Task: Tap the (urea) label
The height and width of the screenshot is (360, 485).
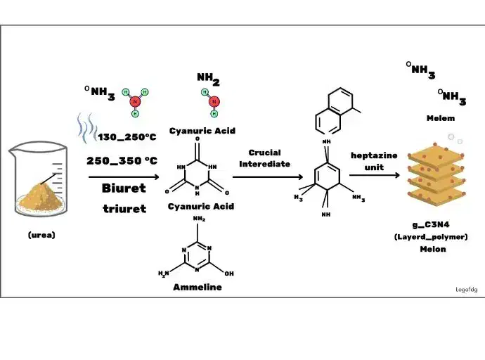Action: [x=41, y=236]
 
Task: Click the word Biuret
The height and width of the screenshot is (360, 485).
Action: [x=124, y=188]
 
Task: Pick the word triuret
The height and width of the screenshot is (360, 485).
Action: [x=124, y=208]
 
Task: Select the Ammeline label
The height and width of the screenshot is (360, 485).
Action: [x=197, y=287]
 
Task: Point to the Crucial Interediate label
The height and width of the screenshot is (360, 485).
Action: [x=264, y=158]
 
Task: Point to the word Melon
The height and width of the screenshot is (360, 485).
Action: [x=433, y=249]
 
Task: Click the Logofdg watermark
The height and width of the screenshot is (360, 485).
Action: [x=466, y=289]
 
